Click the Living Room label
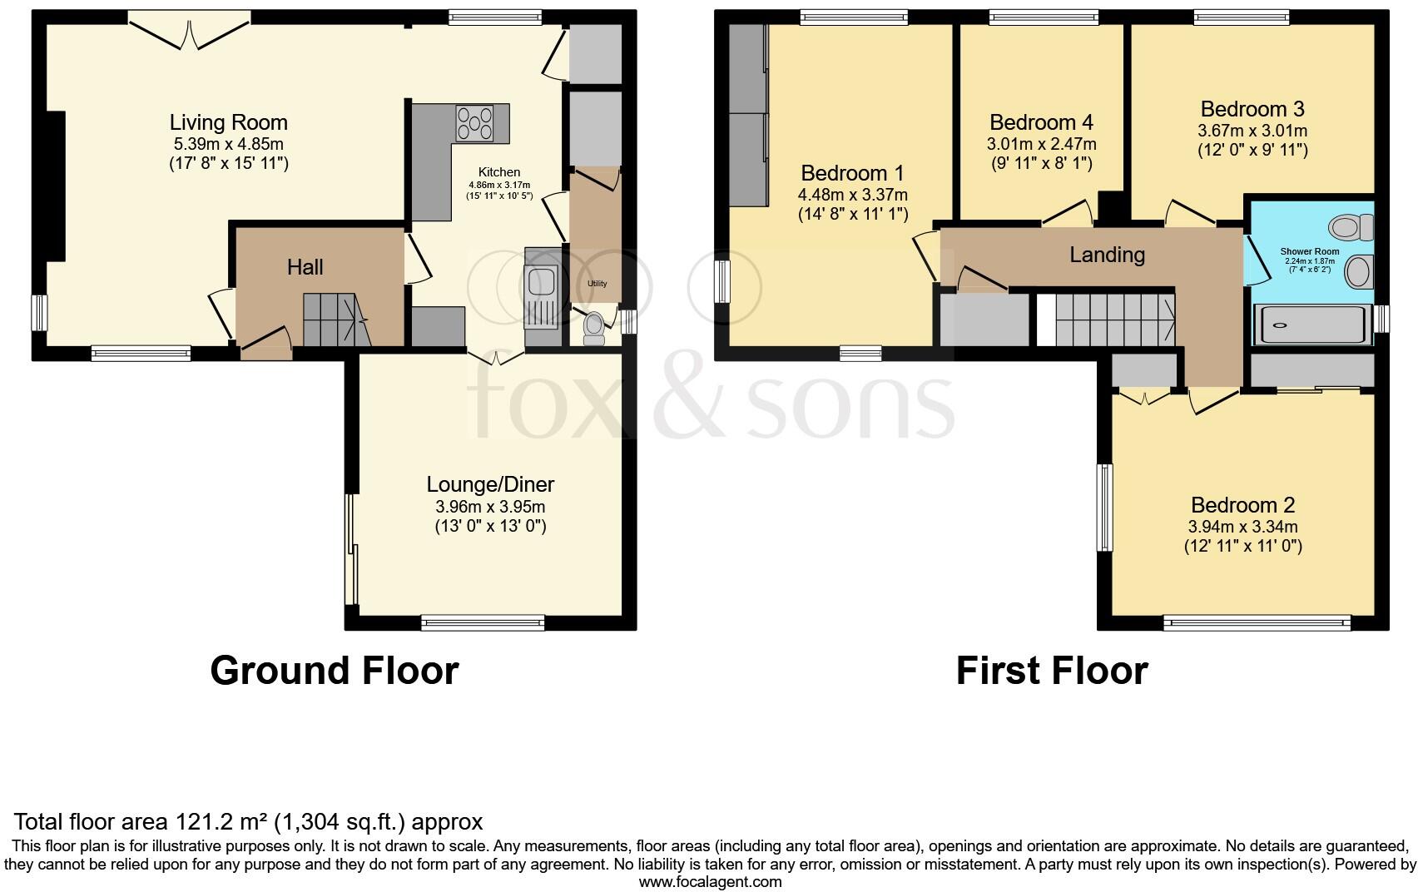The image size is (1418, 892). (x=228, y=122)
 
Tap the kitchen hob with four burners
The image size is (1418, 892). (x=474, y=123)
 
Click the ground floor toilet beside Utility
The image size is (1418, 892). (x=594, y=330)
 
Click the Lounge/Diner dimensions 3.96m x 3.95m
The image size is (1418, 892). (x=490, y=507)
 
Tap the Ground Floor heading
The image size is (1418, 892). (x=334, y=671)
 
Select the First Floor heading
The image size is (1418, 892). (x=1052, y=671)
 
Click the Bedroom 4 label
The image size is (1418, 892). (x=1041, y=123)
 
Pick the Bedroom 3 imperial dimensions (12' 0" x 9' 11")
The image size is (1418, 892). (x=1252, y=151)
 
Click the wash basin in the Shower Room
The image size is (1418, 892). (x=1359, y=272)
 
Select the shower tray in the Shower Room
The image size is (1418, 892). (x=1312, y=325)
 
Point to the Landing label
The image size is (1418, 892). (x=1107, y=255)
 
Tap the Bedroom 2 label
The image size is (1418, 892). (x=1242, y=505)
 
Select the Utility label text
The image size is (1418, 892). (x=597, y=284)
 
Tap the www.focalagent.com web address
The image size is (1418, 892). (x=710, y=882)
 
